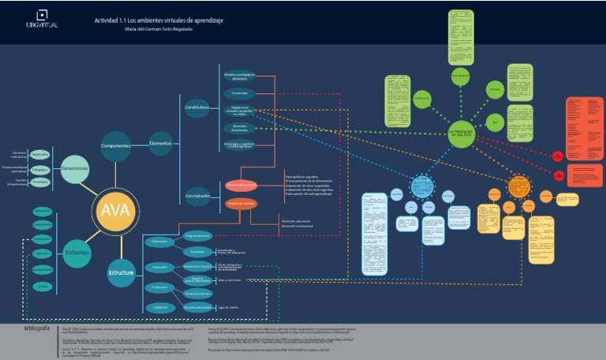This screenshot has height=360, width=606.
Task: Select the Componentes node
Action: click(x=115, y=145)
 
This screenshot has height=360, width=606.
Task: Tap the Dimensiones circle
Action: click(x=75, y=169)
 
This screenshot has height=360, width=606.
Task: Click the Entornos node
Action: click(x=77, y=253)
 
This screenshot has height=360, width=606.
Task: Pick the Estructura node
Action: click(x=121, y=273)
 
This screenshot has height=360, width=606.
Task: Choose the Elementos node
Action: click(x=160, y=144)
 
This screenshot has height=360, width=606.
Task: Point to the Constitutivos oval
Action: click(x=197, y=107)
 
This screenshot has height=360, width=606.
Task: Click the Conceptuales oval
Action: click(x=197, y=196)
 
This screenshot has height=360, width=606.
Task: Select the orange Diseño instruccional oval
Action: click(x=241, y=185)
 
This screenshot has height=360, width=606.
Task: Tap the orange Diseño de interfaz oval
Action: click(x=242, y=204)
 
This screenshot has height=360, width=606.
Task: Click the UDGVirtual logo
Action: click(x=41, y=20)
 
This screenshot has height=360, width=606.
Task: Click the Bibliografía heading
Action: click(x=37, y=328)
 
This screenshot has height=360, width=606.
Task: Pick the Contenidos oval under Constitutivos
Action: click(x=240, y=93)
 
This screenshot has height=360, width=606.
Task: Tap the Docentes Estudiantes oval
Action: click(x=240, y=127)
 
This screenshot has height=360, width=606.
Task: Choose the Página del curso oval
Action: click(x=197, y=235)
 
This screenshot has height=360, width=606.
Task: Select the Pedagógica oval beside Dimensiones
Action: click(x=40, y=168)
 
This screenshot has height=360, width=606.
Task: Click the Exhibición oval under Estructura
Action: click(x=160, y=307)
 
